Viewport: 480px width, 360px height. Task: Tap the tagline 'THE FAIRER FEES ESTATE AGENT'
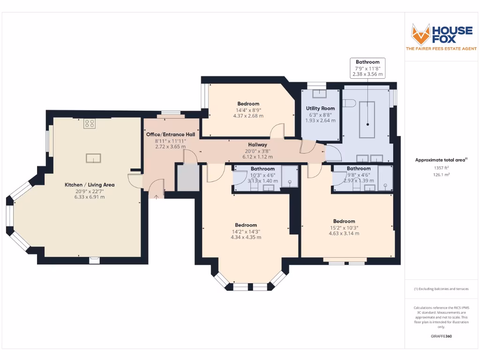tap(441, 49)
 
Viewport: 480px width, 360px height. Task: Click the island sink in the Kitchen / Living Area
tap(93, 158)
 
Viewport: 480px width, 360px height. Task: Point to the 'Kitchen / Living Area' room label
tap(89, 185)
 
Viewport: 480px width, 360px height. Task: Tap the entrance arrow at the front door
tap(156, 196)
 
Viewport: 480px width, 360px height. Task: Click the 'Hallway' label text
tap(257, 145)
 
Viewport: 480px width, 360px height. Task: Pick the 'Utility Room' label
tap(320, 108)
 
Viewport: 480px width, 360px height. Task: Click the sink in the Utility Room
tap(320, 93)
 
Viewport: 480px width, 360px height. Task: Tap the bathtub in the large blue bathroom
tap(367, 119)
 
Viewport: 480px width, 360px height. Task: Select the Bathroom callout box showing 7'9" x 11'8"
tap(367, 68)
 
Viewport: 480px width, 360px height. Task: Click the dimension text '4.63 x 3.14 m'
tap(344, 233)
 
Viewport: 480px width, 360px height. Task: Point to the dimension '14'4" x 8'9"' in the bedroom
tap(248, 110)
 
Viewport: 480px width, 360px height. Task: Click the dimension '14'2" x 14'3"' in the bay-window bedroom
tap(246, 231)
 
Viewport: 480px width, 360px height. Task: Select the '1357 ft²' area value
tap(441, 167)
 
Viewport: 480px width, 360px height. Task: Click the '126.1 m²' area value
tap(441, 174)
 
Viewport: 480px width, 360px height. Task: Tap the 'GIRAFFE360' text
tap(441, 336)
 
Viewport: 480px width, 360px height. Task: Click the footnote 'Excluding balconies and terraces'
tap(441, 289)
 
